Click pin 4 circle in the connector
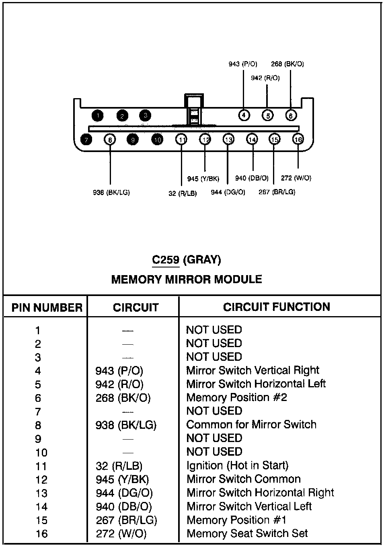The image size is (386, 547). point(244,115)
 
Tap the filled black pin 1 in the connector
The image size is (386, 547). point(97,116)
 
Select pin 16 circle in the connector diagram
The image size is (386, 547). point(298,140)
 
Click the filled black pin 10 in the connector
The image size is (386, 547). point(157,140)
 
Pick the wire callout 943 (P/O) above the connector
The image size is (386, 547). point(243,64)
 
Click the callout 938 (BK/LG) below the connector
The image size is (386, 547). point(111,193)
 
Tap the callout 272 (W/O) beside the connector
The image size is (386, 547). point(296,178)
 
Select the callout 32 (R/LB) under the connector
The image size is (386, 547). point(183,193)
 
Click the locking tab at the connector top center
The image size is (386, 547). point(194,109)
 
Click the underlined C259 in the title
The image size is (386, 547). point(166,260)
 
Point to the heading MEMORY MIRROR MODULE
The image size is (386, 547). point(187,279)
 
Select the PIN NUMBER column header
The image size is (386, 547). point(47,308)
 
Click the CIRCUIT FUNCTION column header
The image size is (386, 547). point(277,307)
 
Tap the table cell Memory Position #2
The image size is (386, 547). point(236,397)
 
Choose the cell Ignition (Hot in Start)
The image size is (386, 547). point(237,465)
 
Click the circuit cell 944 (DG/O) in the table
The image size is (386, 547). point(124,493)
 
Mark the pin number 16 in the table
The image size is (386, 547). point(41,534)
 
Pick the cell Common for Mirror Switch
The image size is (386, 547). point(251,424)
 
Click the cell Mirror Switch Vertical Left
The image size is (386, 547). point(249,506)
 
